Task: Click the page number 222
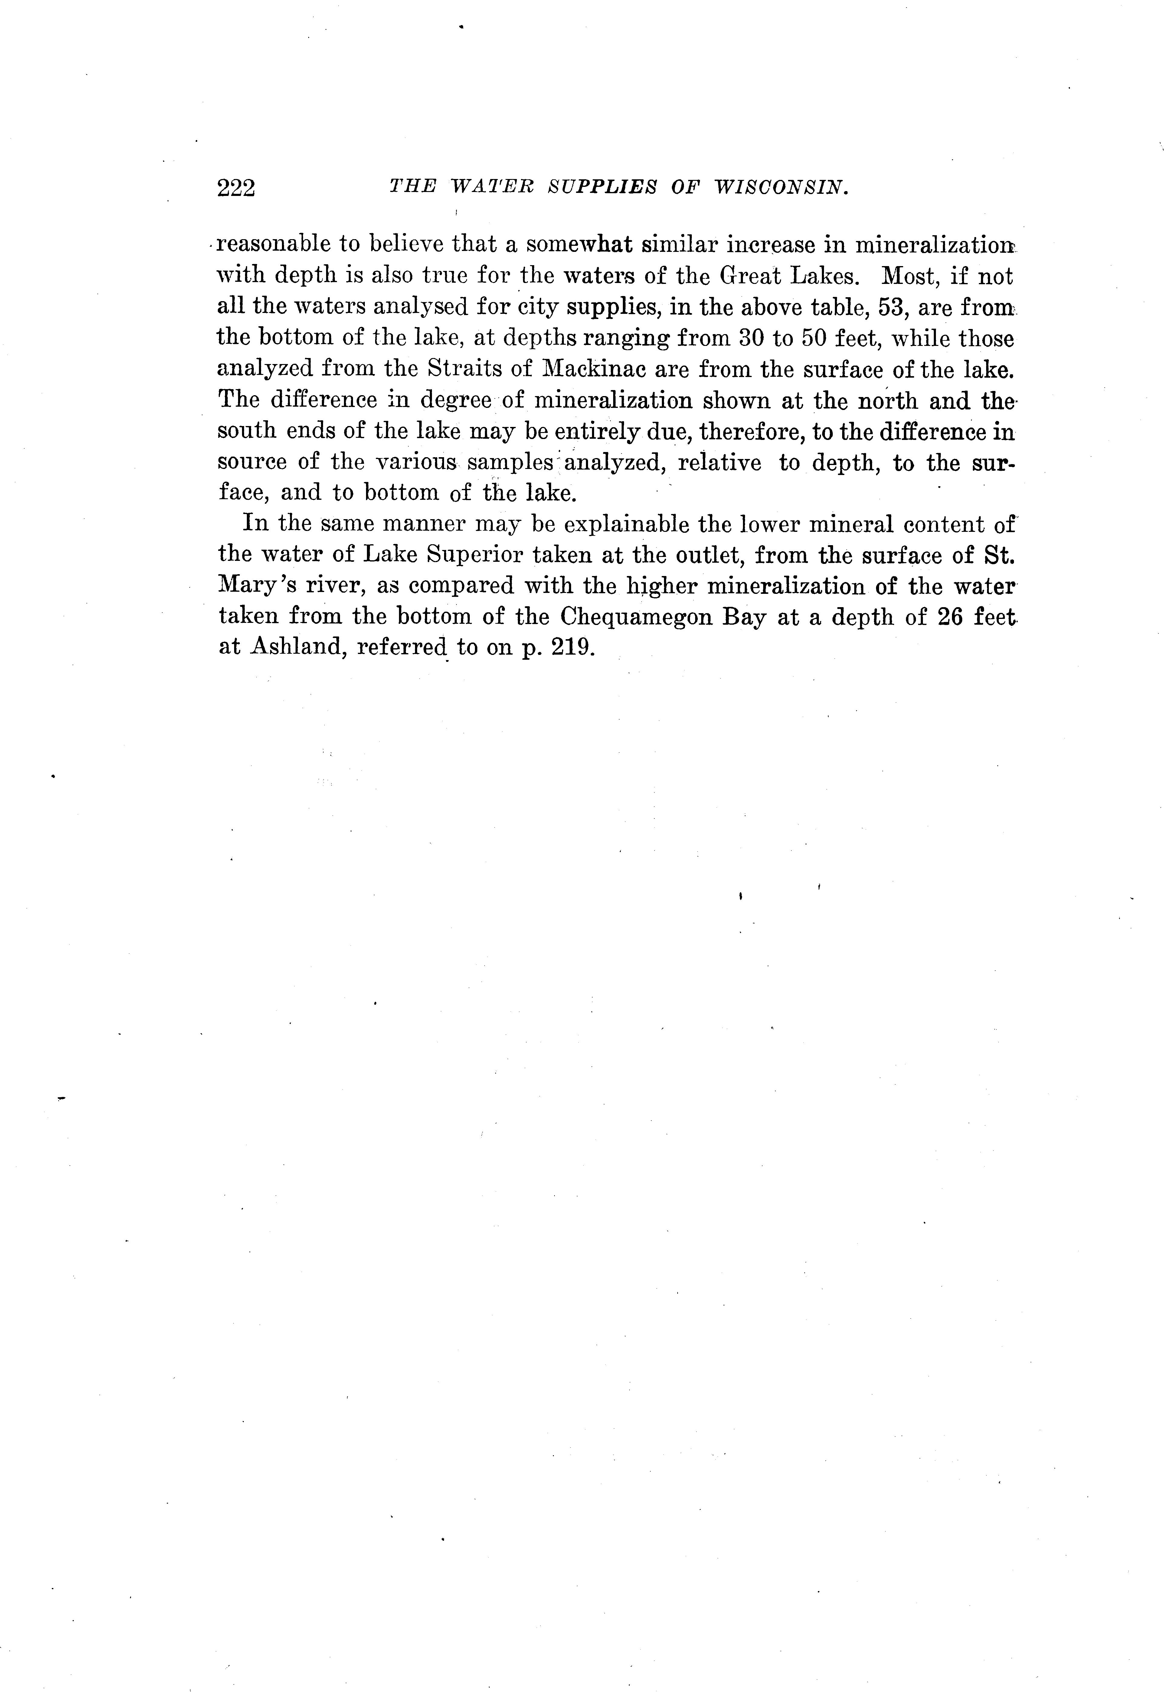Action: point(236,188)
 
